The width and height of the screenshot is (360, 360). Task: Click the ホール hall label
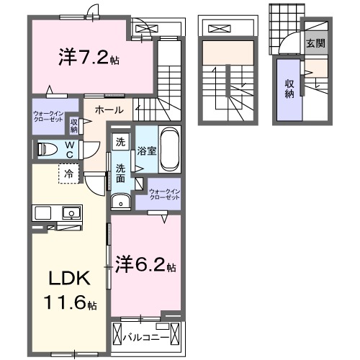[x=109, y=110]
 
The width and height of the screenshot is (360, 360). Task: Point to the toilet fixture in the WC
[x=48, y=150]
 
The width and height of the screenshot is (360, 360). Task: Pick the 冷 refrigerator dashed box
[x=68, y=174]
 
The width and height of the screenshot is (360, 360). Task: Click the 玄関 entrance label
[x=315, y=43]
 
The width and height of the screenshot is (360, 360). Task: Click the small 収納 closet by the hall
[x=74, y=125]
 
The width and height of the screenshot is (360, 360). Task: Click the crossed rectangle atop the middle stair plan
[x=217, y=29]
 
